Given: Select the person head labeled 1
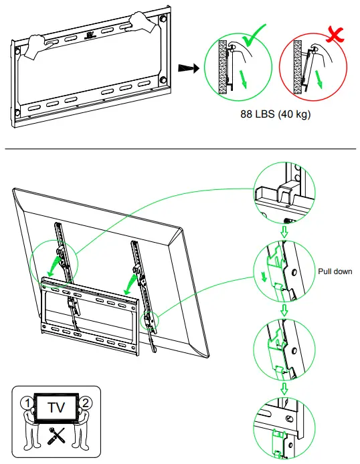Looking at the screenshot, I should [x=25, y=403].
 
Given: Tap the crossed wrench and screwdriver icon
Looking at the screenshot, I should [x=55, y=435].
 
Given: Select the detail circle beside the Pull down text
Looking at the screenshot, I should [x=284, y=272].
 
